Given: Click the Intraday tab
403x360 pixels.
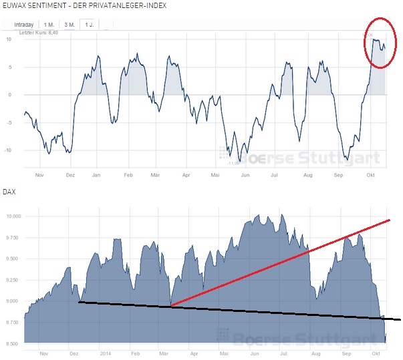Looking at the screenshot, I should [27, 24].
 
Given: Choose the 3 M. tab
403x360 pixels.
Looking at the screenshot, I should [69, 24].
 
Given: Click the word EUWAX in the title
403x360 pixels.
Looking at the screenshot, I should [15, 5].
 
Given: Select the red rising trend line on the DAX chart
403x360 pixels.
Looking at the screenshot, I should [281, 262].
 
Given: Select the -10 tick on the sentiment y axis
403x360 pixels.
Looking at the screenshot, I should [8, 150].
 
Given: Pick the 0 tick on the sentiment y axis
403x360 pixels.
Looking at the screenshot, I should [9, 94].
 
